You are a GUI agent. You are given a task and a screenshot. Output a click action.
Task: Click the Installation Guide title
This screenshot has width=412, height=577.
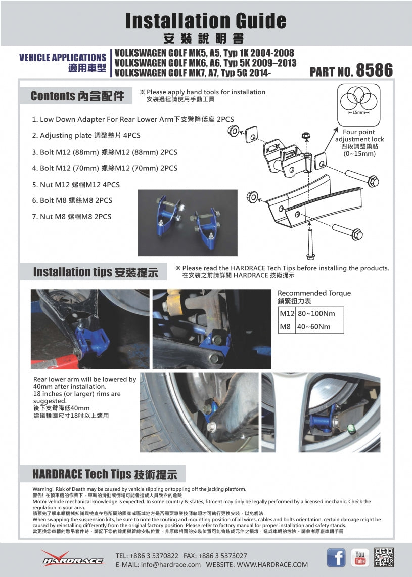pos(206,21)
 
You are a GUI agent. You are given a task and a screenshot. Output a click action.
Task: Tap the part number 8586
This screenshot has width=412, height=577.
pos(374,71)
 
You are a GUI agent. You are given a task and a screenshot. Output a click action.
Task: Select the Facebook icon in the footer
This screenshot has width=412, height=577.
pos(336,557)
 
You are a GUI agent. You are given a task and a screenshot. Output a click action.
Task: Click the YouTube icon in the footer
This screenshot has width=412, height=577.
pos(360,557)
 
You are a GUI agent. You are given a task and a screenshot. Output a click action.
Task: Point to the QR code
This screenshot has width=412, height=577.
pos(384,557)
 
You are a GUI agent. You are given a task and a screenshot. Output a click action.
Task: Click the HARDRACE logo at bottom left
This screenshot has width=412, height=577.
pos(73,559)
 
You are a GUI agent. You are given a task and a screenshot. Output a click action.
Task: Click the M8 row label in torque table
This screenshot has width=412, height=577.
pos(286,326)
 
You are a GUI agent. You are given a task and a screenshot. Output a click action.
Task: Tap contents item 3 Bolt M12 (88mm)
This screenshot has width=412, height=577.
pos(105,152)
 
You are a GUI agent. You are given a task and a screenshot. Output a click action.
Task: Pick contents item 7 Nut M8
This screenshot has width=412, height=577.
pos(72,216)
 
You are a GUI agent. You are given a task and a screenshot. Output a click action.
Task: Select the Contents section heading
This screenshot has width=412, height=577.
pos(77,96)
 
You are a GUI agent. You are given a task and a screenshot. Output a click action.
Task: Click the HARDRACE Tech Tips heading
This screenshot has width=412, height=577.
pos(105,474)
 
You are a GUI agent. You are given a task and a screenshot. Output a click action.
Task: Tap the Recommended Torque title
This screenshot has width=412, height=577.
pos(314,293)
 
